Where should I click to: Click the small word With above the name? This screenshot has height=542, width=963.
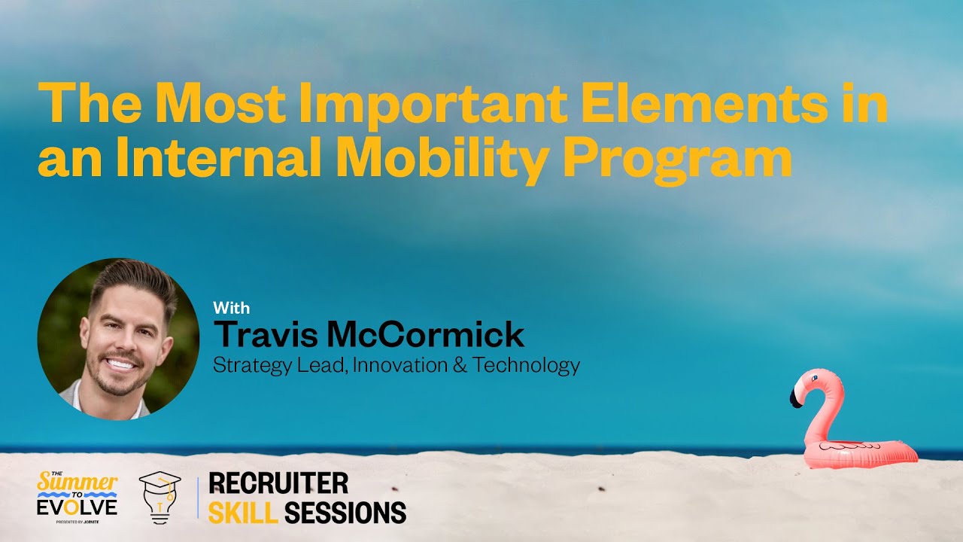[232, 308]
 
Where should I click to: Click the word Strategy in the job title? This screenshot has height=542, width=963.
[248, 366]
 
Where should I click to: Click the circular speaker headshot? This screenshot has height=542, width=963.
[118, 339]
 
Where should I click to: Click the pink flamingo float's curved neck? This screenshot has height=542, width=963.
[820, 406]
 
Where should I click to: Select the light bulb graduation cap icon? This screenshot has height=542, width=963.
[159, 498]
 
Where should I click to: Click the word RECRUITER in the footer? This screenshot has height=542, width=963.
[278, 483]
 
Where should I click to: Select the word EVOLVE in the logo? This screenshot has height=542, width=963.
[77, 507]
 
